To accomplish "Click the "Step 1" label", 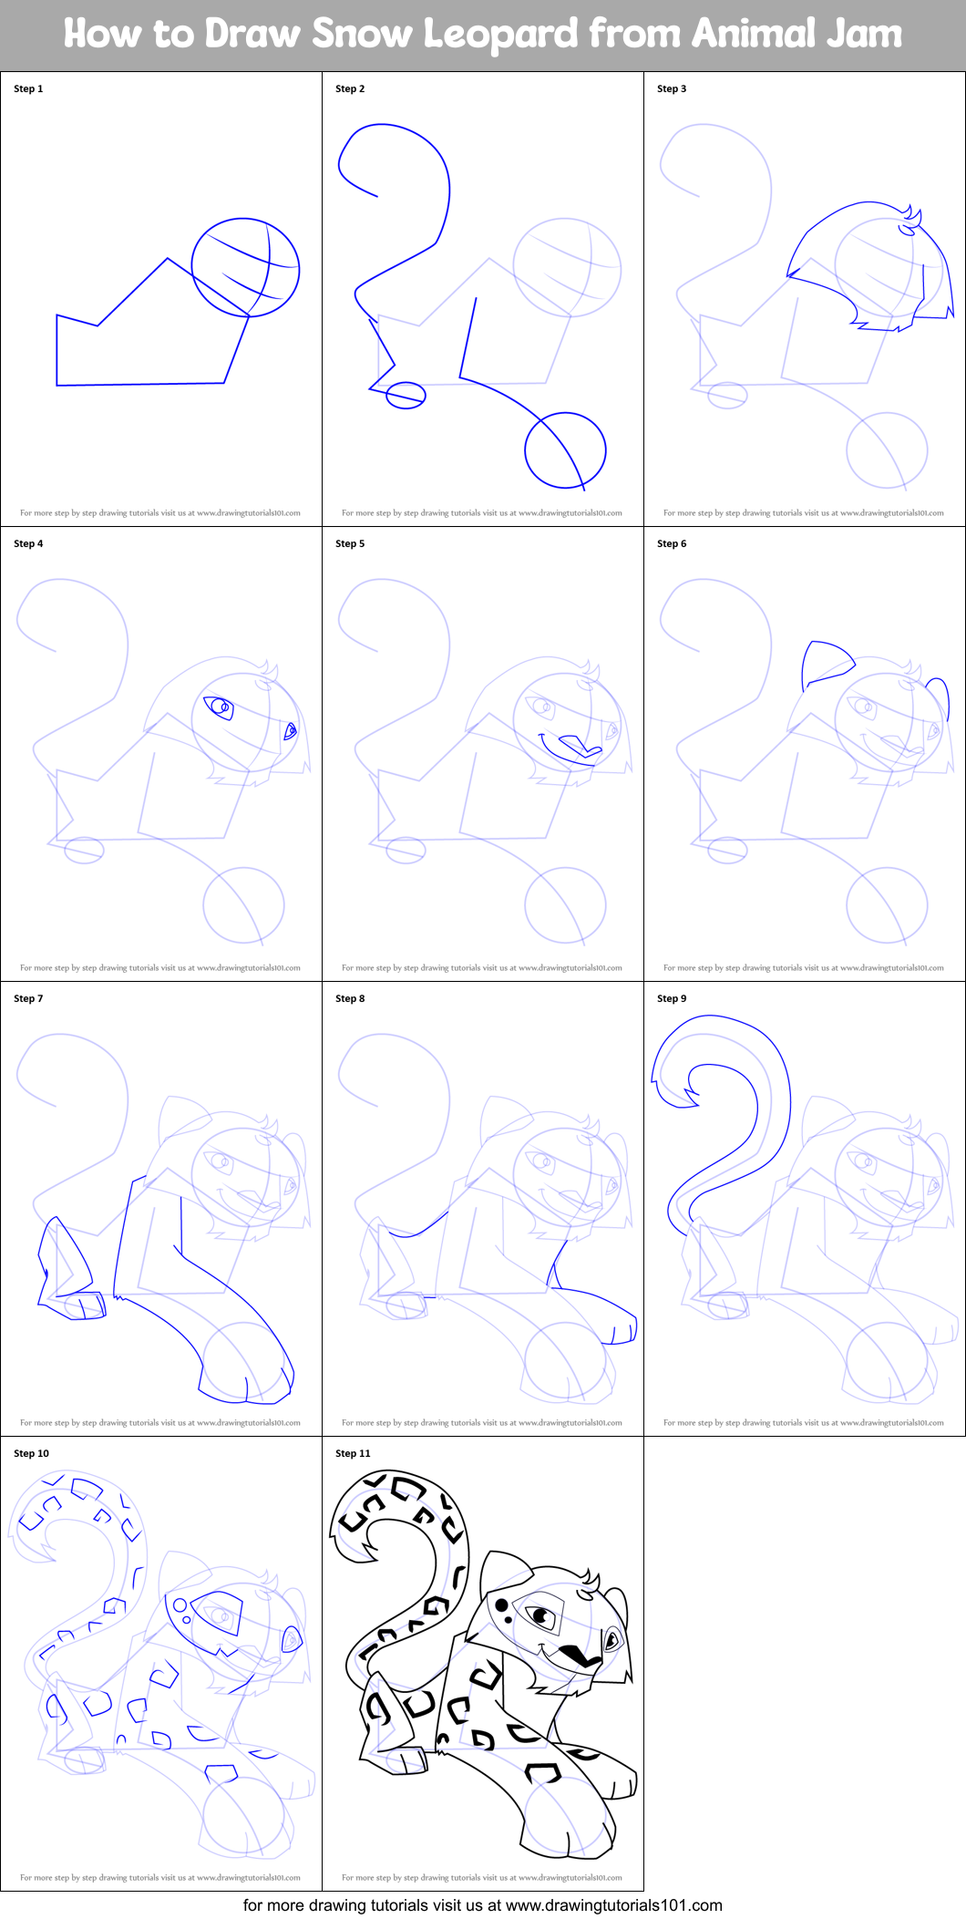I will [x=28, y=88].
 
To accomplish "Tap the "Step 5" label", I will [x=350, y=543].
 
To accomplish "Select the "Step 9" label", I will [x=672, y=998].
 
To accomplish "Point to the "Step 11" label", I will [x=353, y=1453].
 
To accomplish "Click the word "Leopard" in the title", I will [x=500, y=35].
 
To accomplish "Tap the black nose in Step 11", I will [x=575, y=1654].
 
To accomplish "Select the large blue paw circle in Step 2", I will [x=565, y=449].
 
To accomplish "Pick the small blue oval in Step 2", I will [x=406, y=395].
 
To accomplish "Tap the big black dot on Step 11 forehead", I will [x=501, y=1604].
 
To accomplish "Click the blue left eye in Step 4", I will [x=219, y=707].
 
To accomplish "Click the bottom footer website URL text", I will [x=482, y=1905].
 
